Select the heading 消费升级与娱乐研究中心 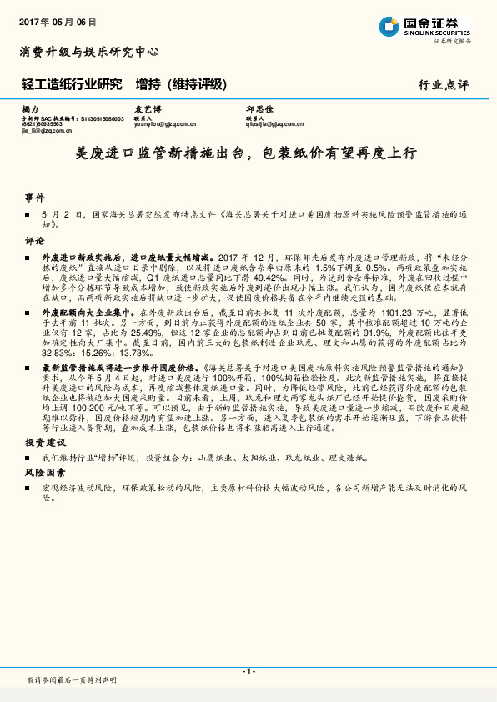[x=88, y=52]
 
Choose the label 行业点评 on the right [x=444, y=85]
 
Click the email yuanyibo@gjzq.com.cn [x=164, y=124]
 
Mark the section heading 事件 [x=34, y=198]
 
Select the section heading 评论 [x=34, y=240]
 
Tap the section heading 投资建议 [x=44, y=441]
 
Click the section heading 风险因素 [x=44, y=472]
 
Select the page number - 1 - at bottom [x=248, y=671]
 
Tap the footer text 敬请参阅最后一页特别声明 [x=72, y=681]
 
